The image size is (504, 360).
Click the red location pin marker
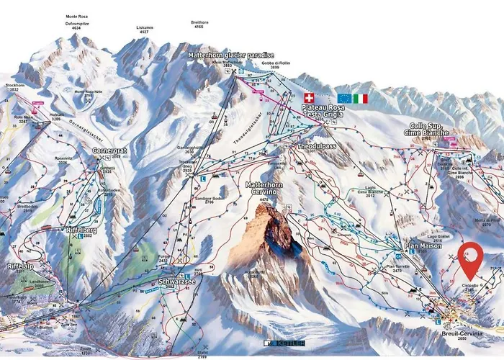click(x=472, y=258)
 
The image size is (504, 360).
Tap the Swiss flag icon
click(x=310, y=97)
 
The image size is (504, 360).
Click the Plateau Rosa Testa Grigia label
click(x=323, y=112)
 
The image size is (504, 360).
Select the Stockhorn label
click(x=15, y=86)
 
